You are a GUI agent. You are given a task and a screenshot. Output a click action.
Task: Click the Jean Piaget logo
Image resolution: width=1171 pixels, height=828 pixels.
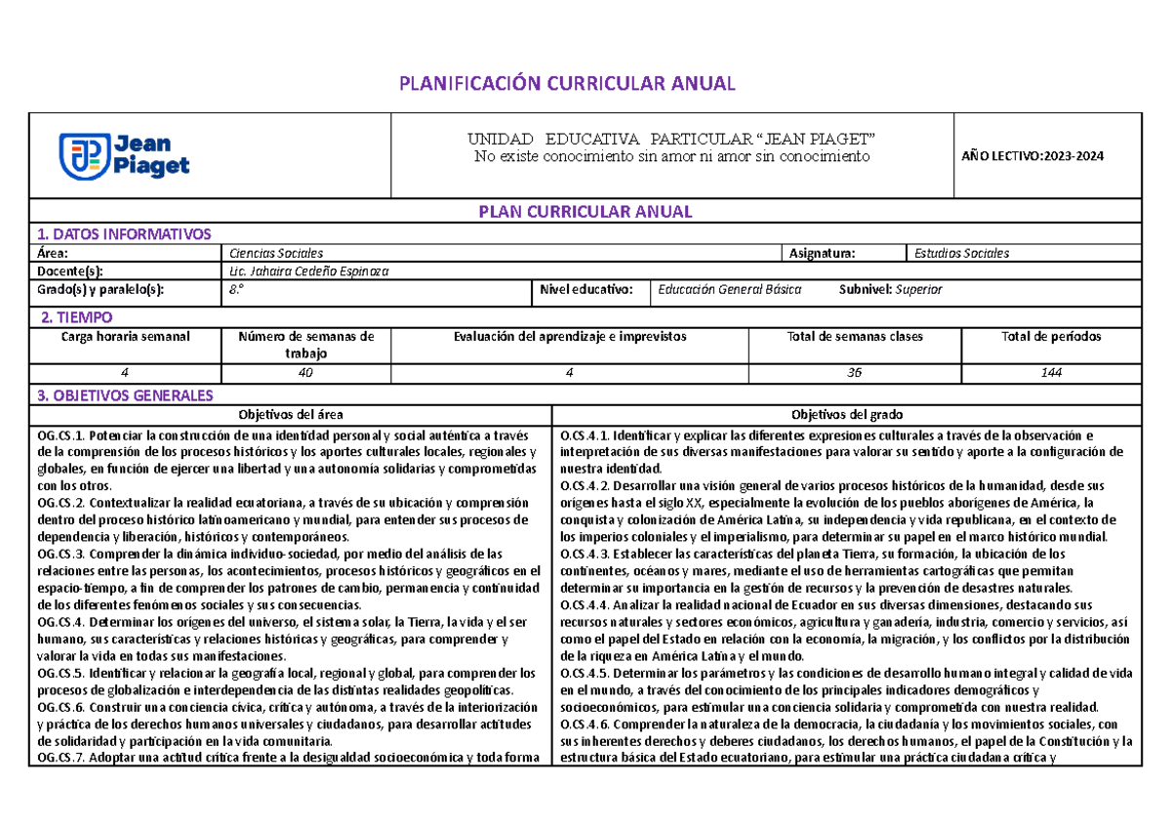pyautogui.click(x=124, y=156)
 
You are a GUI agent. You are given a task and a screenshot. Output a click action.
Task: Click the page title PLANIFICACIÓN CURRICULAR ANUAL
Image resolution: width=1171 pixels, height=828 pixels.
pyautogui.click(x=566, y=83)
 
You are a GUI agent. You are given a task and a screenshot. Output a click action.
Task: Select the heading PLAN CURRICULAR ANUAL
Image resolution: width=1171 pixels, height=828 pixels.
pyautogui.click(x=584, y=212)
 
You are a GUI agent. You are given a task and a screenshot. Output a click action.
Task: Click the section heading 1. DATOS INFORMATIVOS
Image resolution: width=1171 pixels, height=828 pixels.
pyautogui.click(x=123, y=234)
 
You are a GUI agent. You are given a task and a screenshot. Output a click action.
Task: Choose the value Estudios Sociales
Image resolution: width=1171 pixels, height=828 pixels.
pyautogui.click(x=961, y=253)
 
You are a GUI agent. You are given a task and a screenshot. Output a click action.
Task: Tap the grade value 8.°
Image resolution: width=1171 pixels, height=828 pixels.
pyautogui.click(x=235, y=290)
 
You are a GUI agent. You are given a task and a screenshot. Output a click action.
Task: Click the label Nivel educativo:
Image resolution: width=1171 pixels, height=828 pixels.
pyautogui.click(x=588, y=290)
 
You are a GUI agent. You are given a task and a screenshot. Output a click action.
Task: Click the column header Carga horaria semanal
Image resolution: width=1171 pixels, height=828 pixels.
pyautogui.click(x=126, y=336)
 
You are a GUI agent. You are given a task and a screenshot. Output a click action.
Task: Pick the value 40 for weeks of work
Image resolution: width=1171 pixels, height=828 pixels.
pyautogui.click(x=306, y=373)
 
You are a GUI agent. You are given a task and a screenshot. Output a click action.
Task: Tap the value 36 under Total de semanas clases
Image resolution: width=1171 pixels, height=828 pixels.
pyautogui.click(x=855, y=373)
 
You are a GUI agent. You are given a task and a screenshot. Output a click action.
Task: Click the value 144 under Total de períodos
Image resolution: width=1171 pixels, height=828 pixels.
pyautogui.click(x=1051, y=373)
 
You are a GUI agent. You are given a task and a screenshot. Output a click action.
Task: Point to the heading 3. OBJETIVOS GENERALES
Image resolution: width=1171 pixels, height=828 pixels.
pyautogui.click(x=124, y=395)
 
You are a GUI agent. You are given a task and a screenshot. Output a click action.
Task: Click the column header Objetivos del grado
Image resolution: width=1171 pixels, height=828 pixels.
pyautogui.click(x=846, y=414)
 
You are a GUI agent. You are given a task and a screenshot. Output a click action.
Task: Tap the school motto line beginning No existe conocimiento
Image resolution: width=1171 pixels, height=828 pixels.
pyautogui.click(x=670, y=157)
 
